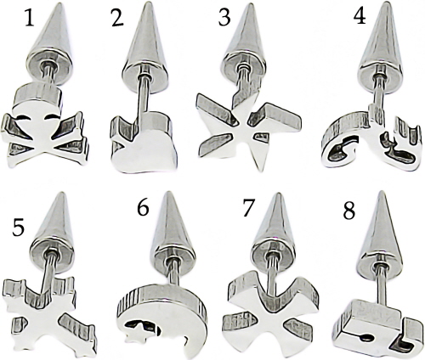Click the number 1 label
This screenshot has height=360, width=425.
[x=30, y=19]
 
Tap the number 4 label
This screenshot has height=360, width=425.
[x=360, y=16]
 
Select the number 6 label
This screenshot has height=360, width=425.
[x=143, y=208]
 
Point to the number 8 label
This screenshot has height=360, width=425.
[x=348, y=211]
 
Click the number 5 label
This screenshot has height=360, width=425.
[x=18, y=228]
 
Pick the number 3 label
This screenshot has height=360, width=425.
[x=224, y=19]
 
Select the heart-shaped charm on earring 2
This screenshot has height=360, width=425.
[x=143, y=142]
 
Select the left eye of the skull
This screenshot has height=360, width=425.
[x=23, y=117]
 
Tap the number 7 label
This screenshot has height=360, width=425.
[x=249, y=208]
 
